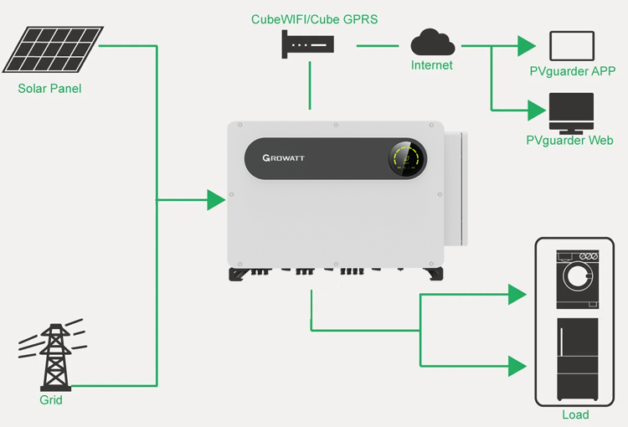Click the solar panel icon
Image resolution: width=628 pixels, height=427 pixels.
pyautogui.click(x=53, y=49)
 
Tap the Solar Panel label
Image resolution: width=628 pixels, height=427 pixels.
pyautogui.click(x=49, y=89)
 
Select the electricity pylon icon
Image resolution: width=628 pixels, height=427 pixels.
pyautogui.click(x=54, y=355)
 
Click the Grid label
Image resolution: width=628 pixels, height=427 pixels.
pyautogui.click(x=51, y=399)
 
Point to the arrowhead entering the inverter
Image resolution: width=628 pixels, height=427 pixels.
pyautogui.click(x=216, y=200)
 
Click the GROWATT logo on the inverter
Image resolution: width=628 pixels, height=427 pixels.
pyautogui.click(x=284, y=157)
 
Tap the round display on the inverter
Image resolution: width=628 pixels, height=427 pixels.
pyautogui.click(x=406, y=158)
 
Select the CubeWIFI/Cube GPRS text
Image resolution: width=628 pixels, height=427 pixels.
pyautogui.click(x=314, y=19)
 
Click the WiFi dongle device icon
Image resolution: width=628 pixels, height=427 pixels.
pyautogui.click(x=307, y=44)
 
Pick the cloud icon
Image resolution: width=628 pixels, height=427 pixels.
pyautogui.click(x=433, y=42)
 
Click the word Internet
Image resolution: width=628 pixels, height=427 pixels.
pyautogui.click(x=432, y=65)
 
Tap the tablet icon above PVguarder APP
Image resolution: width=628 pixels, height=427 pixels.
pyautogui.click(x=572, y=46)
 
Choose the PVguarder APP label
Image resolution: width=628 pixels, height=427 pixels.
pyautogui.click(x=573, y=71)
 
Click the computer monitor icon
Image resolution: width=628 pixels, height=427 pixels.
pyautogui.click(x=572, y=113)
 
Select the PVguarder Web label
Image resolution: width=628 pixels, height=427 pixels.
pyautogui.click(x=569, y=140)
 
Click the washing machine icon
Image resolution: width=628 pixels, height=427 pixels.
pyautogui.click(x=578, y=279)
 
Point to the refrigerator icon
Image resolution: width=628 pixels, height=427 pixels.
pyautogui.click(x=578, y=359)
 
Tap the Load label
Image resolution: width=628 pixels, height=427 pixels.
pyautogui.click(x=575, y=414)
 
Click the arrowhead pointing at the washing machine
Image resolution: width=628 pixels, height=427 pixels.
pyautogui.click(x=517, y=295)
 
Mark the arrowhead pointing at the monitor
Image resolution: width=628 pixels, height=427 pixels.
pyautogui.click(x=537, y=111)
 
